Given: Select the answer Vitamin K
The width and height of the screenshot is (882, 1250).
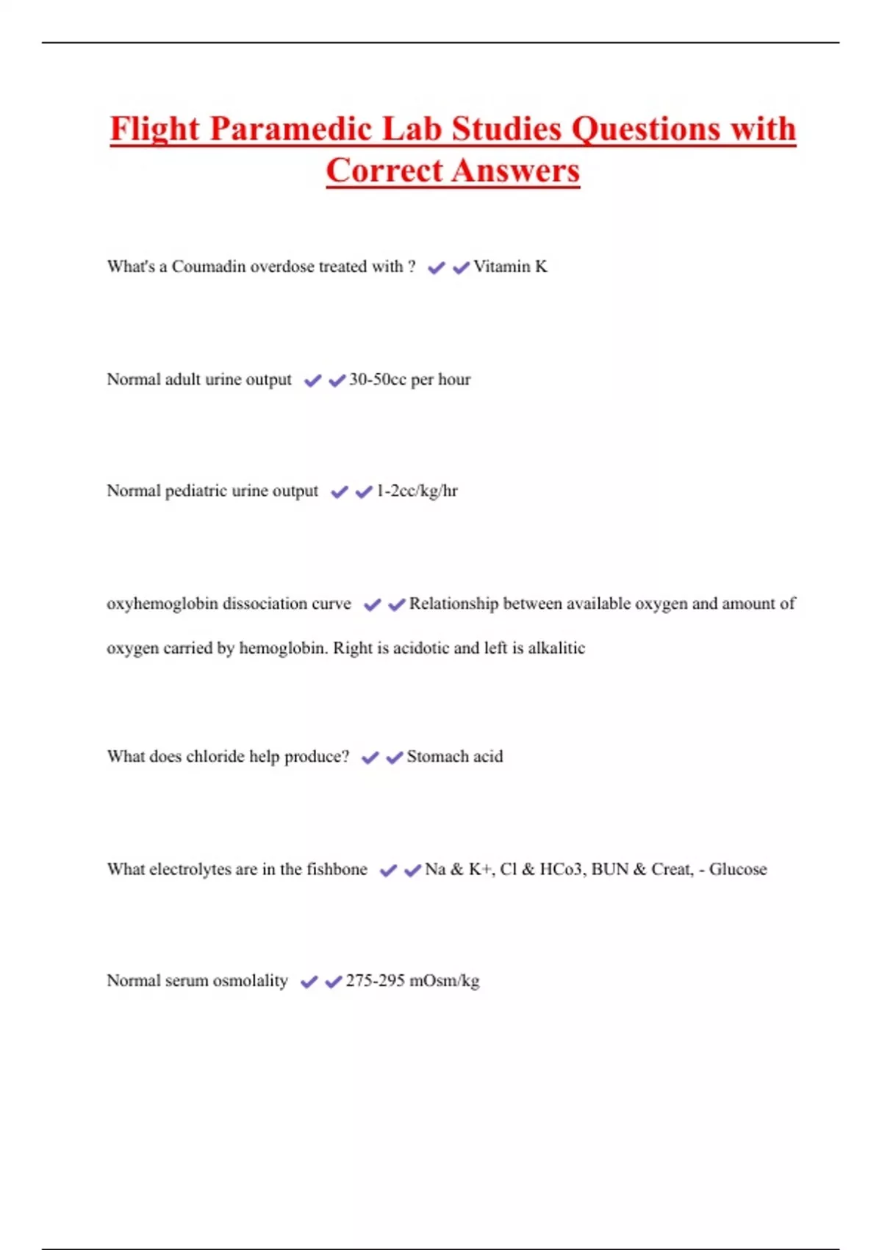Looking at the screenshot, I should (510, 267).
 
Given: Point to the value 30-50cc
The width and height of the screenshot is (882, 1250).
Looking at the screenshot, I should (378, 379).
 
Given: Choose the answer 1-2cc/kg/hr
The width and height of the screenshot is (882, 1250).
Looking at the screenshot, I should (417, 491).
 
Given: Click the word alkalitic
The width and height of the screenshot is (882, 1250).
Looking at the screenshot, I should (556, 648).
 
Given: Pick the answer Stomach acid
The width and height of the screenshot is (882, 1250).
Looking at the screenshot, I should (455, 757).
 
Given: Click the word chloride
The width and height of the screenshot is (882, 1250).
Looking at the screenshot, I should (215, 757).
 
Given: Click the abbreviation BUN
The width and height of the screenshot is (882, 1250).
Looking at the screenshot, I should (609, 869).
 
